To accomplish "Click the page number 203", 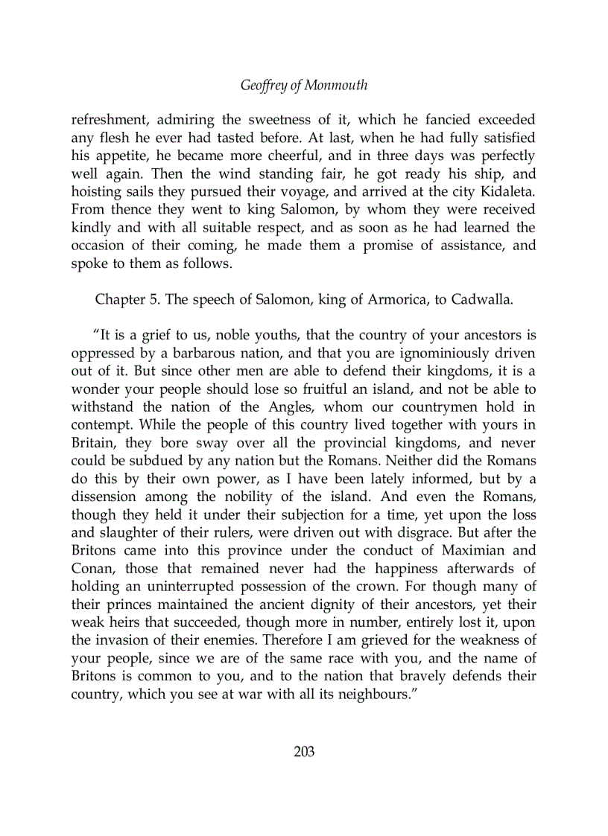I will pos(304,751).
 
